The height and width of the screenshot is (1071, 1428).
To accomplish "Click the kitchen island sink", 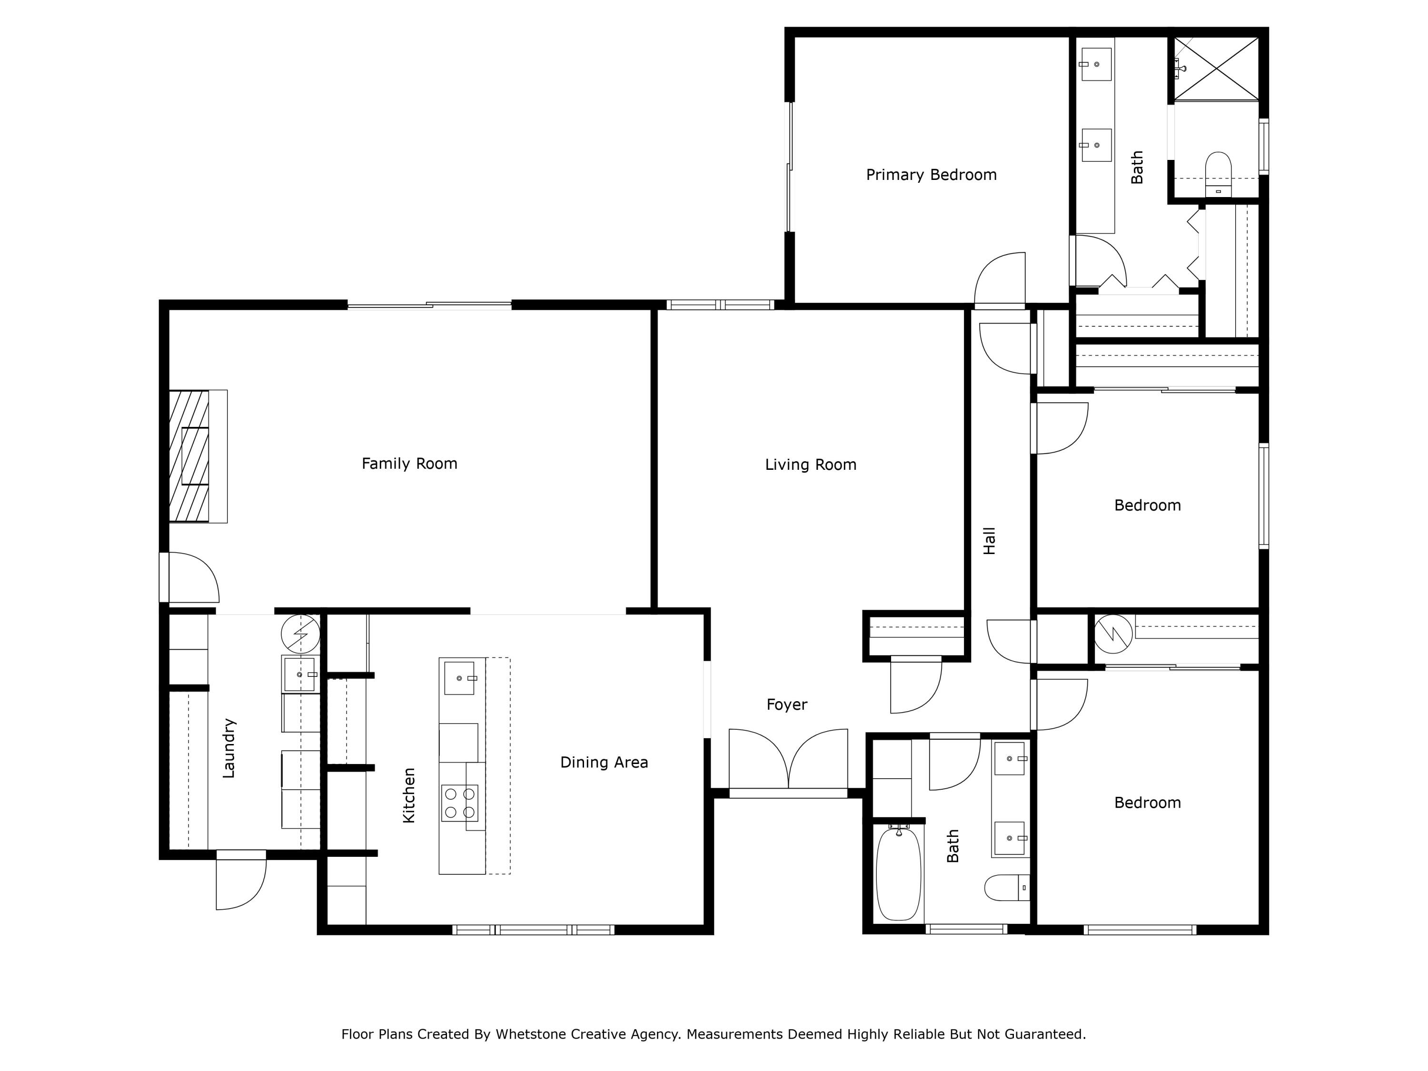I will coord(459,678).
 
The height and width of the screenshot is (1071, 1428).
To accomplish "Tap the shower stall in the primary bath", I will coord(1216,69).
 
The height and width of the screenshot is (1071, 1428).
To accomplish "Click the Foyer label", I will coord(786,704).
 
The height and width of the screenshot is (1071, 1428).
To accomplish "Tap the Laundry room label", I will coord(228,748).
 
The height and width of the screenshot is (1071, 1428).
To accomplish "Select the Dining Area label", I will coord(604,763).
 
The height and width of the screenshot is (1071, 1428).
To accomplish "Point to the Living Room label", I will coord(810,465).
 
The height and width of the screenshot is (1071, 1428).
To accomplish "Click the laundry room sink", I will coord(299,674).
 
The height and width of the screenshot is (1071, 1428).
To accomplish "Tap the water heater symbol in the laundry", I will coord(300,633).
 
